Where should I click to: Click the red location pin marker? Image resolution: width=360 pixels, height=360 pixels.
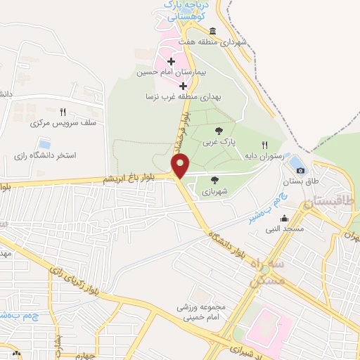pyautogui.click(x=181, y=166)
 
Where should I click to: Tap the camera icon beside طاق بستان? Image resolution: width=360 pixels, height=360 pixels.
pyautogui.click(x=301, y=170)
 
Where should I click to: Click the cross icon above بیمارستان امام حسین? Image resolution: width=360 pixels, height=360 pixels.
pyautogui.click(x=171, y=63)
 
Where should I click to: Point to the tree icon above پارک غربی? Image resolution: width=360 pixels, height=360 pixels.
pyautogui.click(x=218, y=131)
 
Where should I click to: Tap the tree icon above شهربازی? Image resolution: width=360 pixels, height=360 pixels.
pyautogui.click(x=214, y=180)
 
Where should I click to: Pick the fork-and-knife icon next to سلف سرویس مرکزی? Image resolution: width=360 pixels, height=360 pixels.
pyautogui.click(x=63, y=112)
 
